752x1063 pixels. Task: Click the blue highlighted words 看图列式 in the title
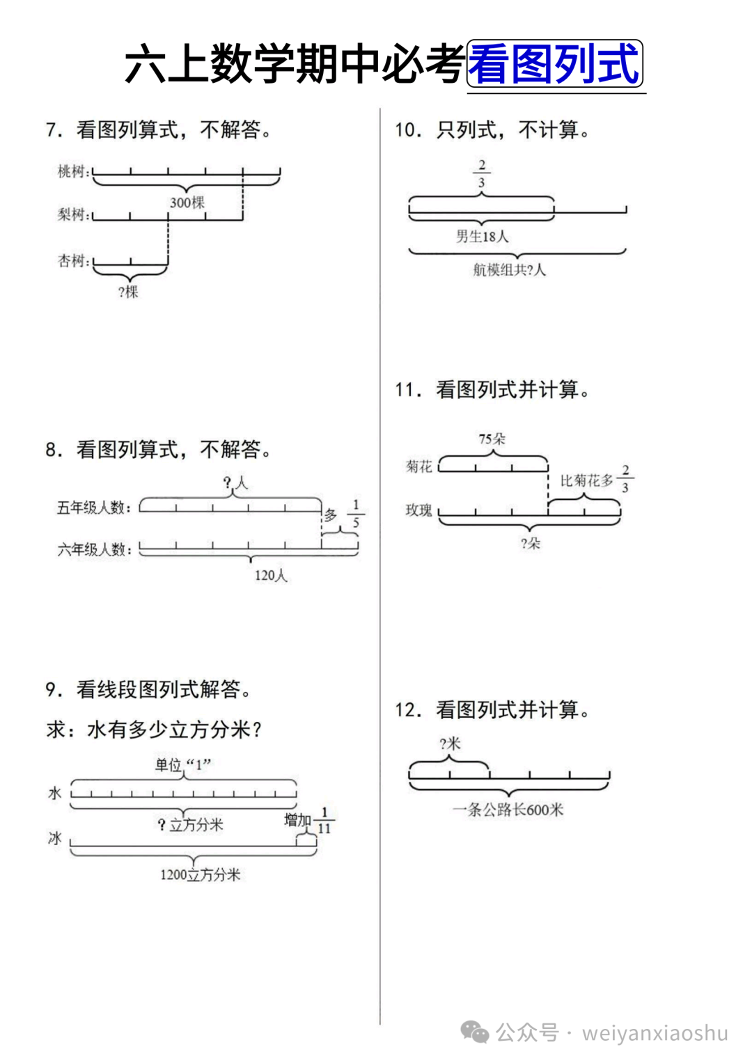(x=554, y=64)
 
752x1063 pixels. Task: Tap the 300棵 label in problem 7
(x=187, y=203)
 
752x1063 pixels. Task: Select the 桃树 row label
(x=72, y=171)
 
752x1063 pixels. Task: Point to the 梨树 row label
(x=72, y=214)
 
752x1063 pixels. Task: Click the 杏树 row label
(x=72, y=261)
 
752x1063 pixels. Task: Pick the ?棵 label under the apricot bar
(x=128, y=292)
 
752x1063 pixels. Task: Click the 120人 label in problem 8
(x=270, y=576)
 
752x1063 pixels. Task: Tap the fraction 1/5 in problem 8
(x=356, y=514)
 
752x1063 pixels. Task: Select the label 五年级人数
(x=93, y=507)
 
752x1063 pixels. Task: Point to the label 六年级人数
(x=93, y=550)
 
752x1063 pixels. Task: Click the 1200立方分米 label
(x=200, y=875)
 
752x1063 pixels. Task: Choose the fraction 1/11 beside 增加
(x=324, y=821)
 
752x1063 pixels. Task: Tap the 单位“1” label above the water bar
(x=182, y=765)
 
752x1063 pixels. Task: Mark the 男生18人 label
(x=482, y=237)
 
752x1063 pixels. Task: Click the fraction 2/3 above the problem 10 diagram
(x=481, y=173)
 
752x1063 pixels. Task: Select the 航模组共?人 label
(x=509, y=270)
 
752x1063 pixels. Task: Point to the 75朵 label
(x=492, y=439)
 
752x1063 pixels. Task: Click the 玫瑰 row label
(x=418, y=510)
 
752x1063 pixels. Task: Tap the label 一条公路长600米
(x=508, y=810)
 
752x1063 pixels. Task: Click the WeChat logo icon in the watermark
(x=475, y=1032)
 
